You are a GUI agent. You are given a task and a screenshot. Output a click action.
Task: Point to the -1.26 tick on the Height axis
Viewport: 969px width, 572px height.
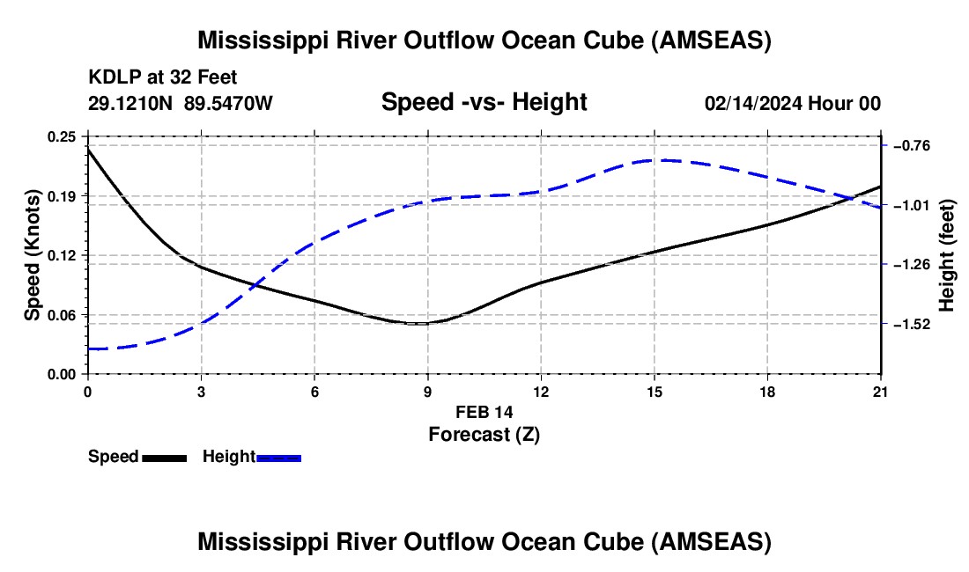pos(912,265)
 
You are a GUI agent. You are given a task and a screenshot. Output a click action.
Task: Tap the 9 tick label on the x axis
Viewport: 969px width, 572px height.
pos(427,392)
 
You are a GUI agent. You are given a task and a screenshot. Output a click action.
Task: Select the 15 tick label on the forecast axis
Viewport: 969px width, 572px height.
pos(655,392)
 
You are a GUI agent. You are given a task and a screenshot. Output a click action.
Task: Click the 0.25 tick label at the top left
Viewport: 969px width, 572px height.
pos(62,137)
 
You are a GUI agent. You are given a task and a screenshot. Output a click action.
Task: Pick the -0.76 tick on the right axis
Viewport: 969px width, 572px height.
pos(912,146)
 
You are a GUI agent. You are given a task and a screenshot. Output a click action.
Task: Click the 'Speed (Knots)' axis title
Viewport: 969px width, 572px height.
pos(32,255)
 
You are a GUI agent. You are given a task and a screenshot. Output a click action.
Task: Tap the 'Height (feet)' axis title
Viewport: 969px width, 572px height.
pos(947,255)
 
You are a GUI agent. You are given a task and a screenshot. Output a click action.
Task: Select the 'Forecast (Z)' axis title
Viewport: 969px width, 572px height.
pos(484,435)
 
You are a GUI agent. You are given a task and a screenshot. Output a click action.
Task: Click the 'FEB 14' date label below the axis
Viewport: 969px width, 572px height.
pos(484,412)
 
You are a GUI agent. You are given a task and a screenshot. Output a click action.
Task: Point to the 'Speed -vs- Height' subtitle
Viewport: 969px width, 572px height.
pos(484,102)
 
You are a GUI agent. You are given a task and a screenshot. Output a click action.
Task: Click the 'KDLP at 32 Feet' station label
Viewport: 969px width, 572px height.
pos(163,77)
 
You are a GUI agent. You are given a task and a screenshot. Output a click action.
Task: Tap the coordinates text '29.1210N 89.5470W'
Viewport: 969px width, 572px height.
pos(180,103)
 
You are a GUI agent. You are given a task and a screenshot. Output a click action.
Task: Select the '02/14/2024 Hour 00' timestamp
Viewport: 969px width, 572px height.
pos(793,103)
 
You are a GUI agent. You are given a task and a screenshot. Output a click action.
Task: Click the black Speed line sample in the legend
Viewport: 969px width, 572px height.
pos(165,458)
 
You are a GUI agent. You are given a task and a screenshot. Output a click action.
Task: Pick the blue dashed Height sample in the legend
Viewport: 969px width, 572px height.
pos(278,458)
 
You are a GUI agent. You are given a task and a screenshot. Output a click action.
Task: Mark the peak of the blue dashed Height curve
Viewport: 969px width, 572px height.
pos(659,160)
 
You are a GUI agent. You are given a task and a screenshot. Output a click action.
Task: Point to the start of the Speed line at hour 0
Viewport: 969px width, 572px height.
pos(88,149)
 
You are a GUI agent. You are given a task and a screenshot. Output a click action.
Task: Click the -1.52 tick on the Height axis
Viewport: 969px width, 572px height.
pos(912,324)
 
